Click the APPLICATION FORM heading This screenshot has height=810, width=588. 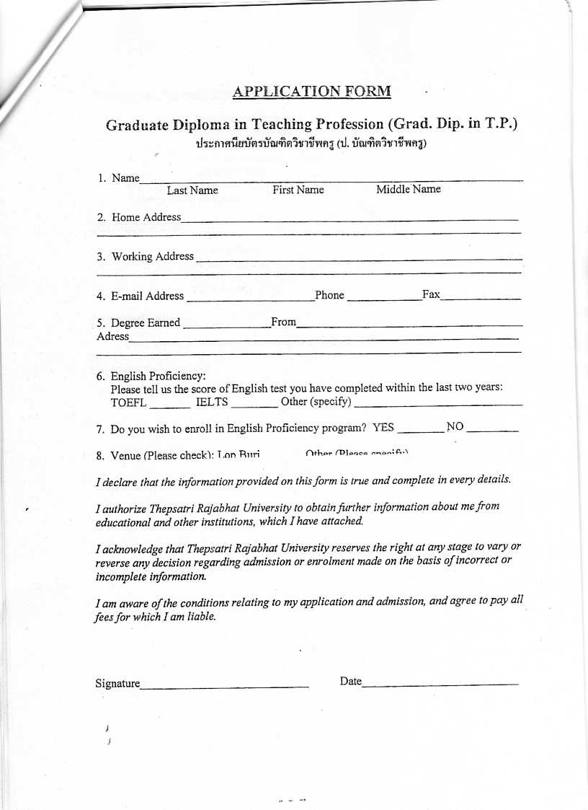[x=311, y=92]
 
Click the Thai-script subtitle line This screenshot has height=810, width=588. [x=311, y=143]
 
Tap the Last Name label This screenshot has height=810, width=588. [x=192, y=190]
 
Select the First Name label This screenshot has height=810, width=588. [x=298, y=190]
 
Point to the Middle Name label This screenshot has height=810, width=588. [x=409, y=189]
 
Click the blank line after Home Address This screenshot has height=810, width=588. [x=349, y=218]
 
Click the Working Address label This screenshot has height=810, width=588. [x=152, y=256]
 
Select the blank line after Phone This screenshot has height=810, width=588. [x=383, y=297]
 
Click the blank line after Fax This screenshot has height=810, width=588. [x=481, y=297]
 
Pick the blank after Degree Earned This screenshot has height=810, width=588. [x=226, y=325]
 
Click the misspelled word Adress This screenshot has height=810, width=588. [x=112, y=336]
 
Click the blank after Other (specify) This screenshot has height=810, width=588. [x=438, y=404]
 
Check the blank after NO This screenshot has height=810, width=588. [x=492, y=430]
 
